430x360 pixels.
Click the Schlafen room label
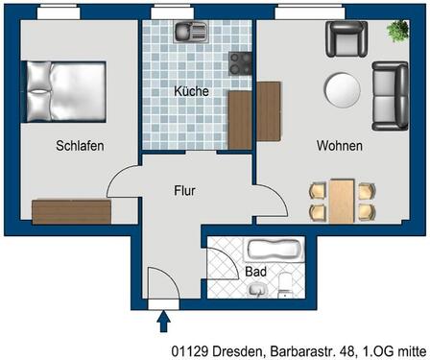click(80, 146)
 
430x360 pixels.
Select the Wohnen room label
click(340, 146)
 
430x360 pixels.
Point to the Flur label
click(184, 191)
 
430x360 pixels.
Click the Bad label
click(256, 272)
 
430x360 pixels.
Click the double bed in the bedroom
click(64, 91)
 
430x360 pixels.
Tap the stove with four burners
click(240, 63)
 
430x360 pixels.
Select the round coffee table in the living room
click(343, 90)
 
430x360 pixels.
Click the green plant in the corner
click(396, 32)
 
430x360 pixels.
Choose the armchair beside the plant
click(346, 39)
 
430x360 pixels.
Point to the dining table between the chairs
click(343, 200)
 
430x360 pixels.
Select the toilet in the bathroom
click(287, 281)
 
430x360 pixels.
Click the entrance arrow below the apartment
click(163, 320)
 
